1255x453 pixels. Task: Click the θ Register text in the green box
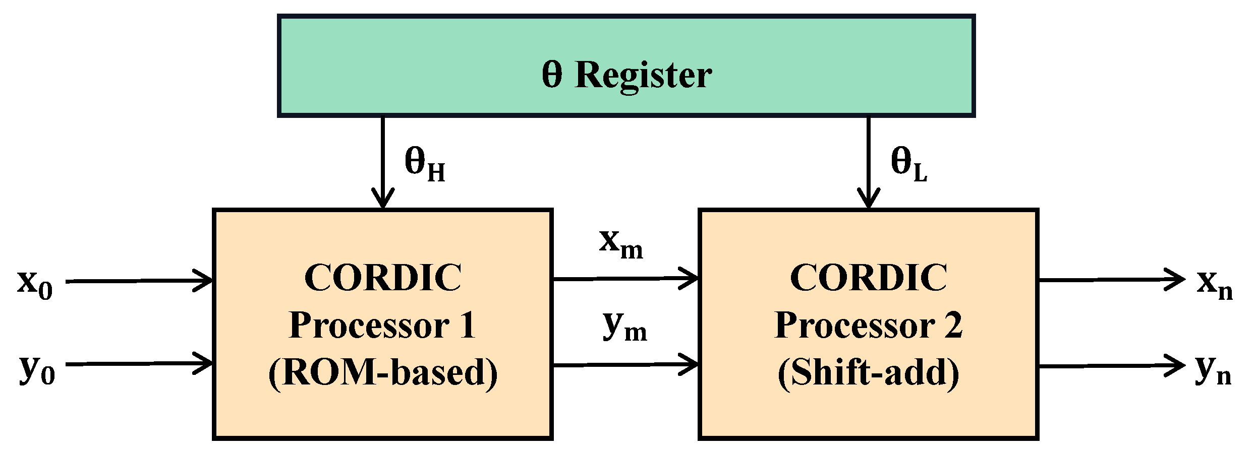626,75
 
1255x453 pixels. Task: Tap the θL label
908,163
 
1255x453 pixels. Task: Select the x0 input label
35,283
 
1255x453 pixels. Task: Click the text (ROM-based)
383,373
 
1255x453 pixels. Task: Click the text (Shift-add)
868,373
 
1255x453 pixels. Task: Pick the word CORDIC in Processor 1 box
383,278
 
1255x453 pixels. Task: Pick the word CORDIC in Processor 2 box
868,278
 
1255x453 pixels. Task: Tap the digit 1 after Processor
467,326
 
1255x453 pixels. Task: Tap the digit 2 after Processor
953,326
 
